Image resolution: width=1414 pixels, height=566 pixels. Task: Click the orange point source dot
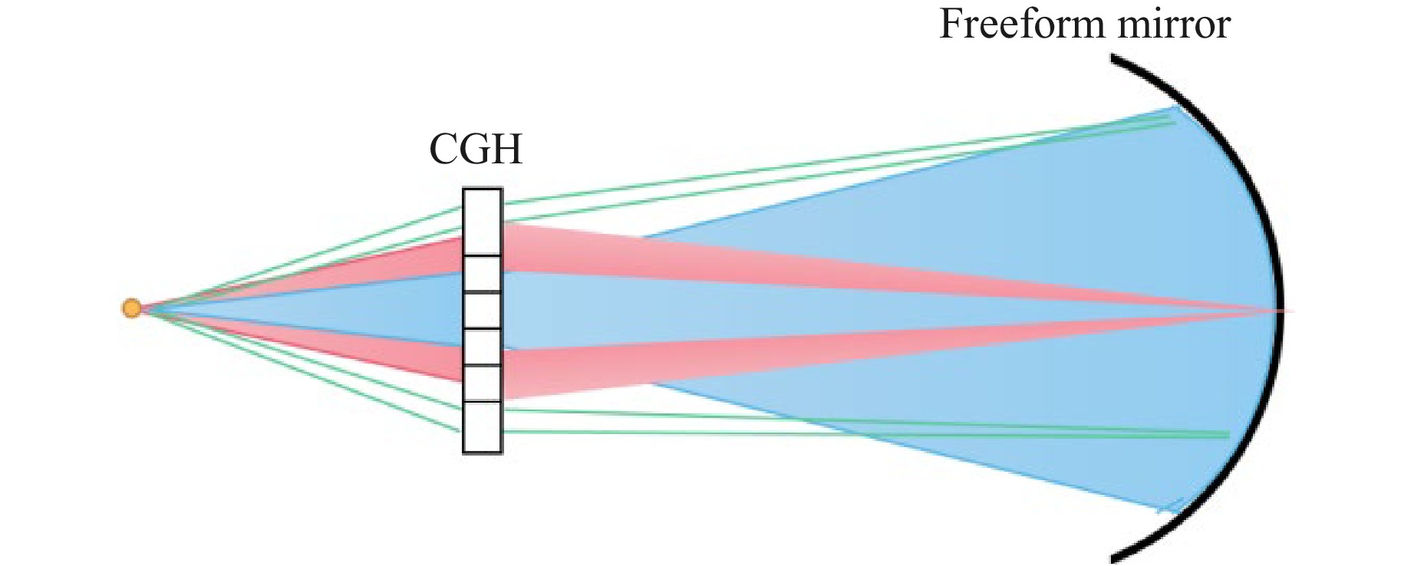(x=132, y=308)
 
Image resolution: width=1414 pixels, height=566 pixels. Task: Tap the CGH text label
(x=476, y=149)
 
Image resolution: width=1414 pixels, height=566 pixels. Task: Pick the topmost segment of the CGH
(x=483, y=222)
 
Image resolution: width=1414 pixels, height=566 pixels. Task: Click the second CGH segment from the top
(x=483, y=275)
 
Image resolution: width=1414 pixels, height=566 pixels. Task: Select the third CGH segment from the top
(x=483, y=311)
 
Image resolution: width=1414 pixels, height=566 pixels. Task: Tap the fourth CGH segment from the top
(x=483, y=347)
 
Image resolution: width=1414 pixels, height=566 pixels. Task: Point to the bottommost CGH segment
(x=483, y=427)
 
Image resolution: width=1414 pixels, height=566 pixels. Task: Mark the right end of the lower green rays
(x=1228, y=435)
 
